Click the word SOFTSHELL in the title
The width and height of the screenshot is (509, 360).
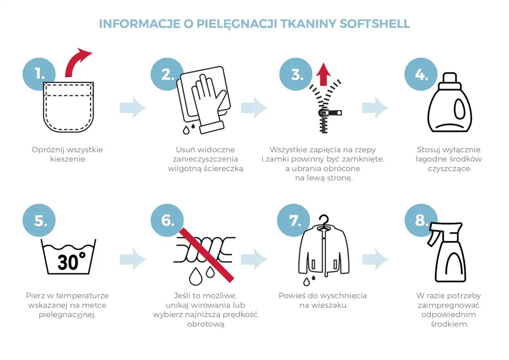375,24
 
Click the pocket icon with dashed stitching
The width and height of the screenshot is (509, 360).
68,107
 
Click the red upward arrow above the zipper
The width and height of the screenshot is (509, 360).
324,74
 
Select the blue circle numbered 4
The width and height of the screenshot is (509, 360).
421,74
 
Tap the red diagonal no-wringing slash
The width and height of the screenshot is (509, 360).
206,255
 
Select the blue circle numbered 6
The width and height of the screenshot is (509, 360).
167,220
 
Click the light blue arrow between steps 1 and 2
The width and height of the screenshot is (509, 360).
133,108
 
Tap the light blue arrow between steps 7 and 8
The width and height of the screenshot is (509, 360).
375,259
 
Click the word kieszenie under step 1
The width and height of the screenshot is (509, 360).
68,159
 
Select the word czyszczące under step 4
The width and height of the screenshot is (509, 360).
449,168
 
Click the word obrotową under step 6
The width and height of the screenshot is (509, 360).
206,324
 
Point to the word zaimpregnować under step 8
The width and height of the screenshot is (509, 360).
449,305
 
